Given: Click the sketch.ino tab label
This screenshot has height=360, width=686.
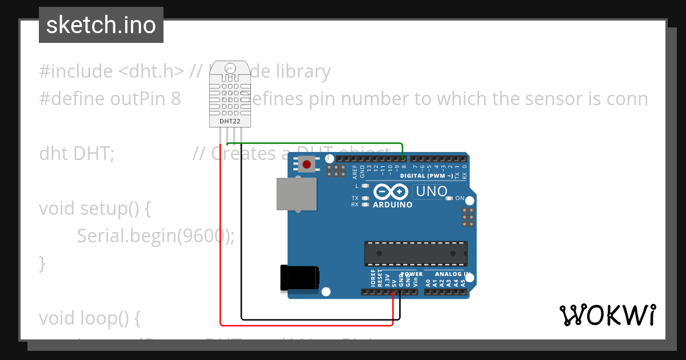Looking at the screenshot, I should point(101,25).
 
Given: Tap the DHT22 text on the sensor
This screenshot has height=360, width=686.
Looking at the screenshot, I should point(230,121).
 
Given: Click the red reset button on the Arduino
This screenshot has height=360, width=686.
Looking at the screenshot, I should point(307,165).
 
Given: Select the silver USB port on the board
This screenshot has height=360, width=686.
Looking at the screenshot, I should point(296,194).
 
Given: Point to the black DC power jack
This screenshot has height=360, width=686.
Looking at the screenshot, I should point(299,278).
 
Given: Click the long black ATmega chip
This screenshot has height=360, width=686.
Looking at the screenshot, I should point(416,253).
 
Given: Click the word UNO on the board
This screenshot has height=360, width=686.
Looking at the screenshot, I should point(432,191).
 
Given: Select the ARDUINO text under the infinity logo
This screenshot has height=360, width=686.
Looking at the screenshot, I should point(393,205).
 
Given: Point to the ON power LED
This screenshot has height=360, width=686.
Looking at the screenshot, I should point(449,198).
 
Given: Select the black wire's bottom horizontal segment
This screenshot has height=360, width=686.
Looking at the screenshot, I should point(320,319).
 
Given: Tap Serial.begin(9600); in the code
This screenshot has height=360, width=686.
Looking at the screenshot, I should point(155,235).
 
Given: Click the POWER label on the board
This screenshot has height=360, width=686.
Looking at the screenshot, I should point(412,274).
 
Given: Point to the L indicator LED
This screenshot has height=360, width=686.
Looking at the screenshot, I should point(364,186).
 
